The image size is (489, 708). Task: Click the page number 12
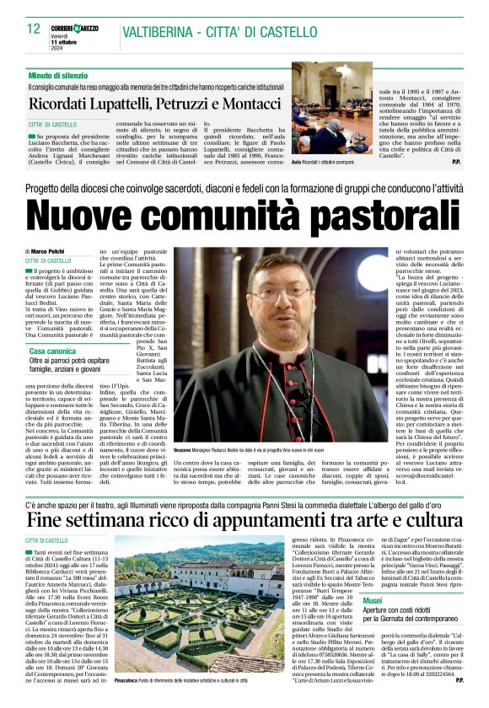(x=34, y=29)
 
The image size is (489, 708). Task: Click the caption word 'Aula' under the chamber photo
(x=296, y=160)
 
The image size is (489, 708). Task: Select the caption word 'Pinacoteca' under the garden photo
(x=126, y=678)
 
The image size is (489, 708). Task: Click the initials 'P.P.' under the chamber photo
(x=454, y=160)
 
